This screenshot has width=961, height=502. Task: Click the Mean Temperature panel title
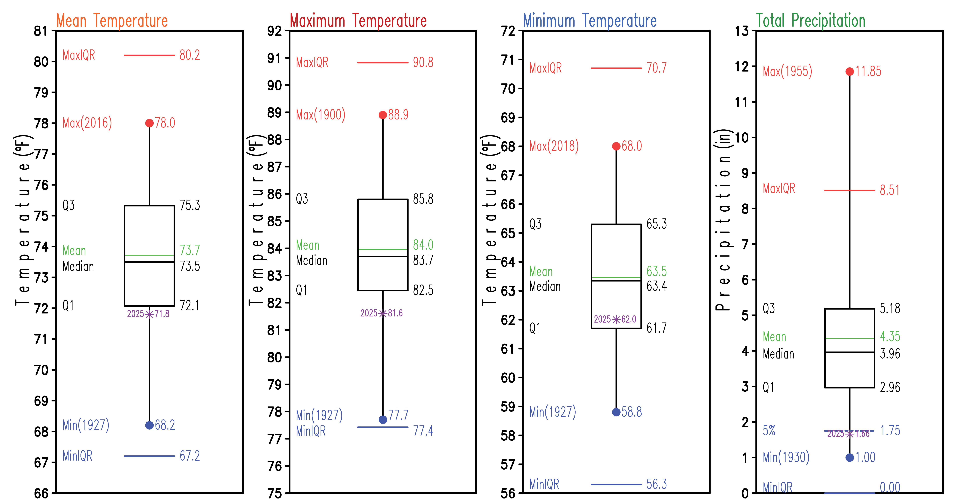(112, 21)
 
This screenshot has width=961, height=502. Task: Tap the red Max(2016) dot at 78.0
(149, 123)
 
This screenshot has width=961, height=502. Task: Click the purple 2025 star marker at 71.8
(149, 314)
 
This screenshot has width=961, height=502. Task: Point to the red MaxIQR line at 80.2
(149, 55)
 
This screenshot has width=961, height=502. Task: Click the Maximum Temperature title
(358, 21)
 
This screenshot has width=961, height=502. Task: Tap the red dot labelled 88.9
(383, 115)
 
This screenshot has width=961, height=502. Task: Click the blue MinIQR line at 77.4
(383, 427)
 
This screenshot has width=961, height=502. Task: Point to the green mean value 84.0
(423, 245)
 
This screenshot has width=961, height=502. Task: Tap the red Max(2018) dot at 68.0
(616, 146)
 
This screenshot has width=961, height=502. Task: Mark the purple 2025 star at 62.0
(616, 319)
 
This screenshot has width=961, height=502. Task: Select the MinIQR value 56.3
(657, 484)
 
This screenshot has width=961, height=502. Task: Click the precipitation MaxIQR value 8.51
(890, 190)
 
